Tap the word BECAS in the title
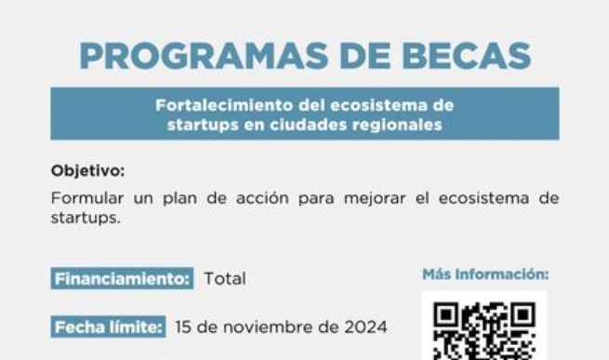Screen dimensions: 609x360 pos(467,56)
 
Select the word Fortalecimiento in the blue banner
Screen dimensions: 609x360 pos(224,105)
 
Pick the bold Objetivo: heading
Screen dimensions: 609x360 pos(88,171)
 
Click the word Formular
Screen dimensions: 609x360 pos(87,198)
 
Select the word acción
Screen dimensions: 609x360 pos(262,198)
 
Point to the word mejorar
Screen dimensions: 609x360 pos(376,199)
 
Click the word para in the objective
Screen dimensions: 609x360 pos(316,200)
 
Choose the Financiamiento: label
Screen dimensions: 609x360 pos(122,278)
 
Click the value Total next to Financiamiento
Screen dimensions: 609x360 pos(225,278)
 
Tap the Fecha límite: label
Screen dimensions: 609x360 pos(109,327)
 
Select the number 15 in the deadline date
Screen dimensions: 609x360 pos(183,327)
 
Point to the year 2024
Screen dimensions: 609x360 pos(366,327)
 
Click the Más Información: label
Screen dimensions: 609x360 pos(485,274)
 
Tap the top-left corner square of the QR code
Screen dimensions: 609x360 pos(445,314)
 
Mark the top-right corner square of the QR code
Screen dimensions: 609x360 pos(523,314)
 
